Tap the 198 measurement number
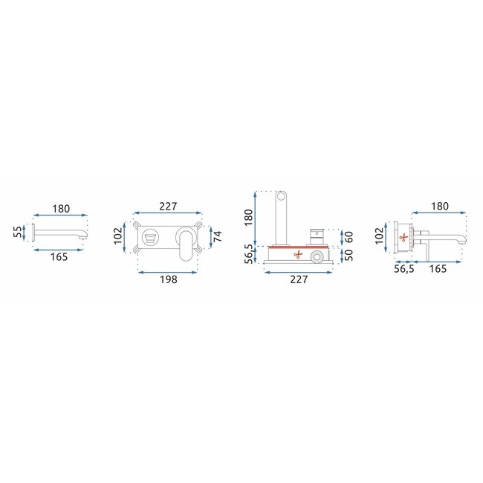click(169, 281)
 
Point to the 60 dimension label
click(349, 237)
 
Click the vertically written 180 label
click(249, 217)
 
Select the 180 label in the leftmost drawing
click(61, 209)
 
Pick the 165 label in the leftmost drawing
click(61, 257)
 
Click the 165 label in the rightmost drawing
click(438, 269)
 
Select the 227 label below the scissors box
click(299, 280)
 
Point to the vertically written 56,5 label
click(249, 253)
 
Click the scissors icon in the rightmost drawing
click(403, 238)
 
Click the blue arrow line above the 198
click(169, 271)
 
